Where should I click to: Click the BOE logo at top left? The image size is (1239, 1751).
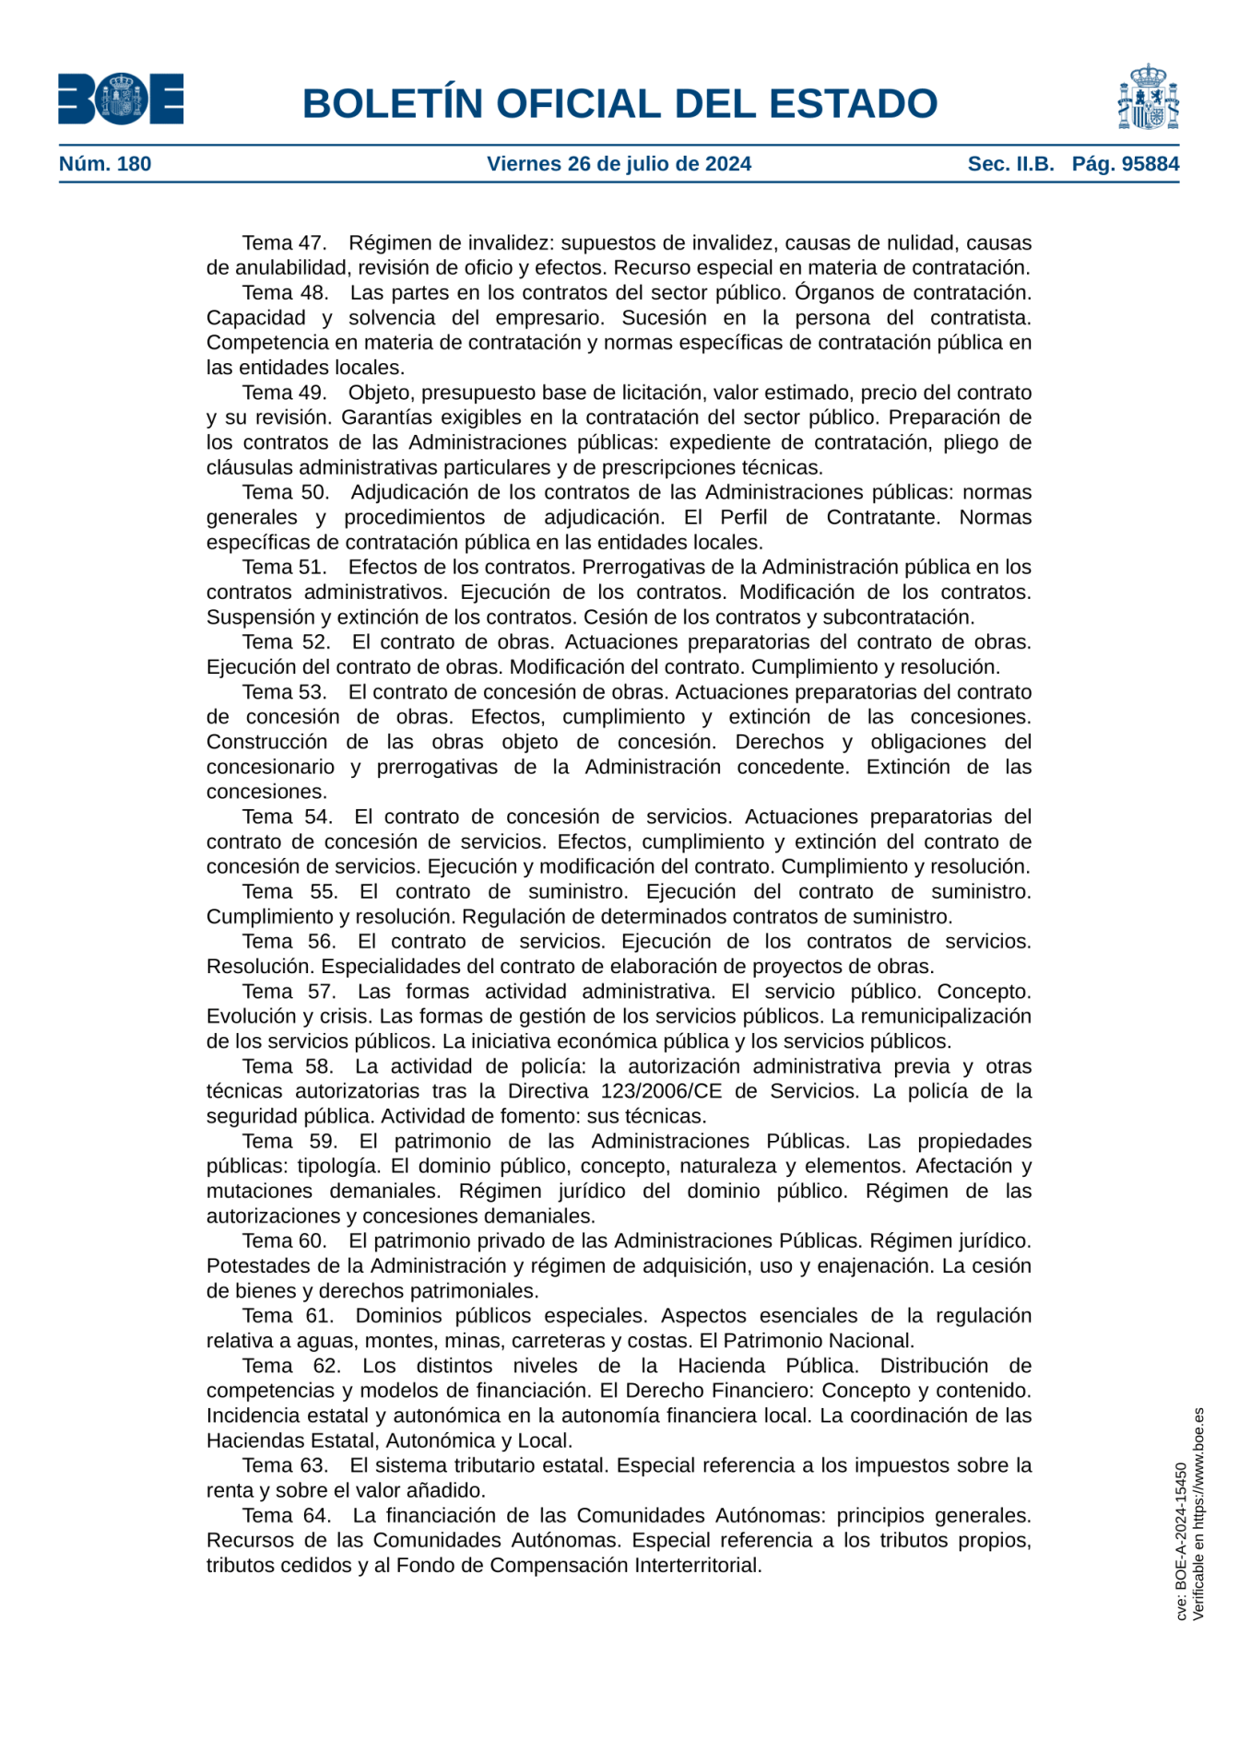click(121, 100)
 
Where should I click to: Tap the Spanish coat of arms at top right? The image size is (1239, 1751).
click(1148, 98)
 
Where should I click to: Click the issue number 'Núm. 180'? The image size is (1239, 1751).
click(105, 164)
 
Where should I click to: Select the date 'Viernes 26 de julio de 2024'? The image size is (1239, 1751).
click(619, 164)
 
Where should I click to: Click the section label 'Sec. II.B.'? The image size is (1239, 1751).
click(1010, 164)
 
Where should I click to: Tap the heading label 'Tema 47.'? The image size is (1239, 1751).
click(285, 243)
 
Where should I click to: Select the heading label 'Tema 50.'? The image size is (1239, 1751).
click(286, 492)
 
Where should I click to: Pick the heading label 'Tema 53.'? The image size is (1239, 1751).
click(285, 692)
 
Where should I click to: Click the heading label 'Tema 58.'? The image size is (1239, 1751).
click(288, 1066)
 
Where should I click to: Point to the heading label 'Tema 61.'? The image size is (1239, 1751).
click(288, 1315)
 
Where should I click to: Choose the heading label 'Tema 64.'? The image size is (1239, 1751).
click(287, 1515)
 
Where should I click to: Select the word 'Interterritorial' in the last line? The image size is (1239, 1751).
click(697, 1565)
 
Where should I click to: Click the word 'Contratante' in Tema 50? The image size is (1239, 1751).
click(883, 517)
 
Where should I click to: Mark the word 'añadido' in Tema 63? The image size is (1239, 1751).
click(447, 1490)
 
